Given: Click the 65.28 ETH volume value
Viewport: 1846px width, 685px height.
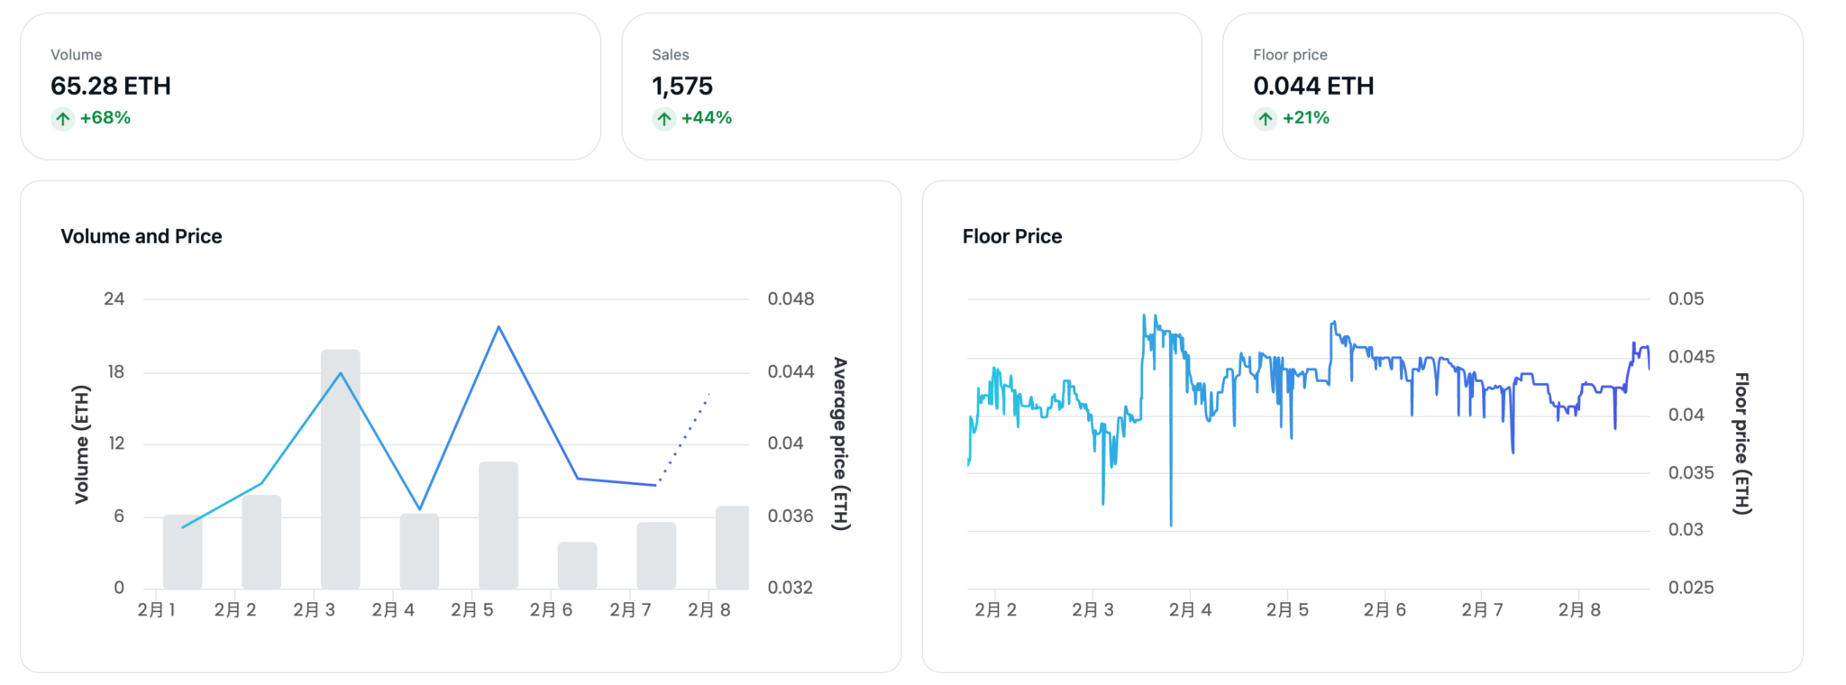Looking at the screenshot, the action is point(111,86).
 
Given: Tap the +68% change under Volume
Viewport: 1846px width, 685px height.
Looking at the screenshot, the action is point(105,118).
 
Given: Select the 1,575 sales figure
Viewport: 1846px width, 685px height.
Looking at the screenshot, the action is point(682,87).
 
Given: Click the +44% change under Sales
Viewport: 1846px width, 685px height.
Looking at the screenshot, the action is point(707,118).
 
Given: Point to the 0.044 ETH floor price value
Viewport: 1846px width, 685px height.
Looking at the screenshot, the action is point(1313,86).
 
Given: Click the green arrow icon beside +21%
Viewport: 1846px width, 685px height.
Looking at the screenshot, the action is point(1266,118).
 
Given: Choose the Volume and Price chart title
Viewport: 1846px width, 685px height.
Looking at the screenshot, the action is point(142,236).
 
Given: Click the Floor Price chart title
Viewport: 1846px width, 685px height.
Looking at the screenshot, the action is point(1012,236).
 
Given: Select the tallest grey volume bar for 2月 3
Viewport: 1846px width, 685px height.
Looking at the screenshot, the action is point(341,469).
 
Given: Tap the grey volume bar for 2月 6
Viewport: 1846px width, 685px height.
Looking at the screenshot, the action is point(578,566).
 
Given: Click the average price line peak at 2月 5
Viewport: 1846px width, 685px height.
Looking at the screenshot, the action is point(498,326).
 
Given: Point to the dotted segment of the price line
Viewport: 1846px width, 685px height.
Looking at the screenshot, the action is point(683,439).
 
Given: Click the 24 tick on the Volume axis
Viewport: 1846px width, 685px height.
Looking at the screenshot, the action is point(114,298).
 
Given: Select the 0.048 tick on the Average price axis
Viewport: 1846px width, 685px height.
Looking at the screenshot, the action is point(790,298).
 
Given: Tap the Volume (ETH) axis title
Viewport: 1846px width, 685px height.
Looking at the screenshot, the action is point(82,444).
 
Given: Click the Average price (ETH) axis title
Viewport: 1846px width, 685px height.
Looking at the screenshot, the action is point(840,443).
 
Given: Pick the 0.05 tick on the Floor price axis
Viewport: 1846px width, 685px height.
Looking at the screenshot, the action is point(1686,298).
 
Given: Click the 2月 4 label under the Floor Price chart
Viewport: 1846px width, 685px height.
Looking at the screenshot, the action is point(1190,610).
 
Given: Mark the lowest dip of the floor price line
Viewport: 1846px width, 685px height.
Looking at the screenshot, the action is point(1171,525).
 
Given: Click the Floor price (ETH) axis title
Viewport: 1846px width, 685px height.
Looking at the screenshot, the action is point(1742,443).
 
